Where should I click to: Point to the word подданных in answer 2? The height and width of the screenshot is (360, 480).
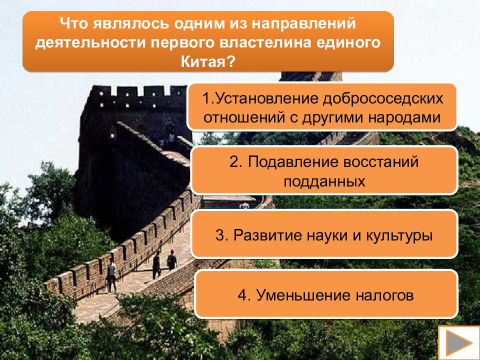[x=324, y=181]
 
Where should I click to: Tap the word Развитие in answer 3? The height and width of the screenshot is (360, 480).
[x=264, y=235]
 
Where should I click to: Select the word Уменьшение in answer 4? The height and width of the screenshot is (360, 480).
[x=303, y=295]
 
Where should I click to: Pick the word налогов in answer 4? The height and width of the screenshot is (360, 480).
[x=385, y=295]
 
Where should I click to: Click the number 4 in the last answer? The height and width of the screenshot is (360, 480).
[x=242, y=295]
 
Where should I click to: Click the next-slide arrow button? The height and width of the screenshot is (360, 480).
[x=457, y=343]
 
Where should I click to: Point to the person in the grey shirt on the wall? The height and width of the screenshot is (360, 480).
[x=111, y=274]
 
